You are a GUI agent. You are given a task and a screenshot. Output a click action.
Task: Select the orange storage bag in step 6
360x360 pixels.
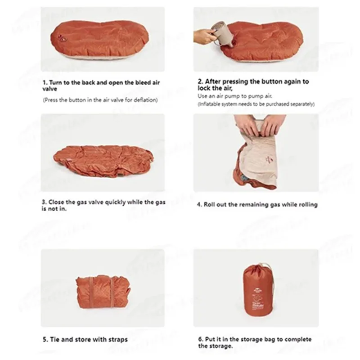point(257,290)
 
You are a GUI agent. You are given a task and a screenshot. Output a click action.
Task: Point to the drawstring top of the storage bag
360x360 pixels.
point(258,267)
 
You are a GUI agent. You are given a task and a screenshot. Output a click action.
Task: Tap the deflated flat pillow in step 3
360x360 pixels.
point(103,161)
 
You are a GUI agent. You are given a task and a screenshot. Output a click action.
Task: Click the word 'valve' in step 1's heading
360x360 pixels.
point(49,89)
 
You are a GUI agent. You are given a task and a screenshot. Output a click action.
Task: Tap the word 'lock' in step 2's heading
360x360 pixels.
point(204,88)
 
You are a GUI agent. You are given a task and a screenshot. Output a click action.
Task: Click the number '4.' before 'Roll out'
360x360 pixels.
point(199,205)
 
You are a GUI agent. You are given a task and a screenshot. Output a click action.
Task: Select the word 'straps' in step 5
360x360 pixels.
point(118,340)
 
